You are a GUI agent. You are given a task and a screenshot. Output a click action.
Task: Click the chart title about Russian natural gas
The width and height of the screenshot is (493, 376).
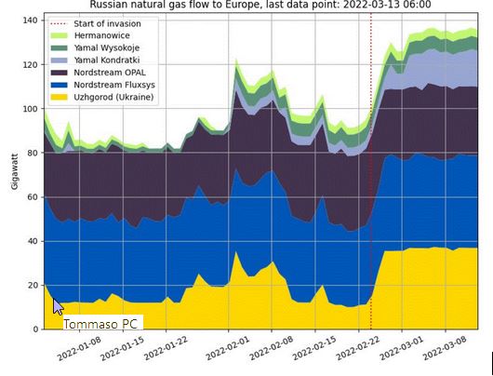click(x=260, y=5)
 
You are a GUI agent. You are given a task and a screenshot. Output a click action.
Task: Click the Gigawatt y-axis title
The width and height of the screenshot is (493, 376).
click(x=15, y=171)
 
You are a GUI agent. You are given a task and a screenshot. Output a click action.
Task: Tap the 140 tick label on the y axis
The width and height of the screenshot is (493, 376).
click(x=30, y=20)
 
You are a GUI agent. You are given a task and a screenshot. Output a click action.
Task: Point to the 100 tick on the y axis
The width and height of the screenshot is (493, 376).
click(x=30, y=109)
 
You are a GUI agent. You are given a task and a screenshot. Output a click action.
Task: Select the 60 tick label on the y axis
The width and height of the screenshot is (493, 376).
click(x=33, y=197)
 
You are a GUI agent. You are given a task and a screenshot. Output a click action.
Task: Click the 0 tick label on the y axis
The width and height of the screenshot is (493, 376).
click(x=35, y=329)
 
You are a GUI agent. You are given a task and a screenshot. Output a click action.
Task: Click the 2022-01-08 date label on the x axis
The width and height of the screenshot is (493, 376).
click(x=79, y=348)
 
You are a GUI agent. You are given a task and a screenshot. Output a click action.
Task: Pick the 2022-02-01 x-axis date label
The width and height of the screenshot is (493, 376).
click(x=228, y=348)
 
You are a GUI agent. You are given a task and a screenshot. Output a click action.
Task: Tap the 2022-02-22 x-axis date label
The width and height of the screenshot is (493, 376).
click(x=358, y=348)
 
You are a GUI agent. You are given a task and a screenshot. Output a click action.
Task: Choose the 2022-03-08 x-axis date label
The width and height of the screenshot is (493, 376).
click(x=445, y=348)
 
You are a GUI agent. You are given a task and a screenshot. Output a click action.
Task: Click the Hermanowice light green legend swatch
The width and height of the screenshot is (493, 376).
click(x=59, y=35)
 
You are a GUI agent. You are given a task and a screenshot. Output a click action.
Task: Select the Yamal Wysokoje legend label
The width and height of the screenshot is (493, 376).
click(x=107, y=47)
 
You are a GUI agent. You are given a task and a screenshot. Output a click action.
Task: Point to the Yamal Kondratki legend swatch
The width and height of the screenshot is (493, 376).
click(x=59, y=60)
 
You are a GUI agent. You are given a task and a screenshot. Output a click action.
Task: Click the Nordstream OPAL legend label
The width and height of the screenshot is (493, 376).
click(x=110, y=73)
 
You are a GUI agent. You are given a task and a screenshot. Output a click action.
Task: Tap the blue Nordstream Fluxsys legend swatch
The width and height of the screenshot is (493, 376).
click(x=59, y=85)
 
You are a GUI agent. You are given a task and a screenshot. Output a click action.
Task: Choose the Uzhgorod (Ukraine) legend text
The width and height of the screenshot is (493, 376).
click(x=113, y=97)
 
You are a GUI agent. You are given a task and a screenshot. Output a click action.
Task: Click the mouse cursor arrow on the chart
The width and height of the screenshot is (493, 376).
click(x=58, y=307)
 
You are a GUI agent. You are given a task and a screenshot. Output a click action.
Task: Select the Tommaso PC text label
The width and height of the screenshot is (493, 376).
click(x=100, y=324)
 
